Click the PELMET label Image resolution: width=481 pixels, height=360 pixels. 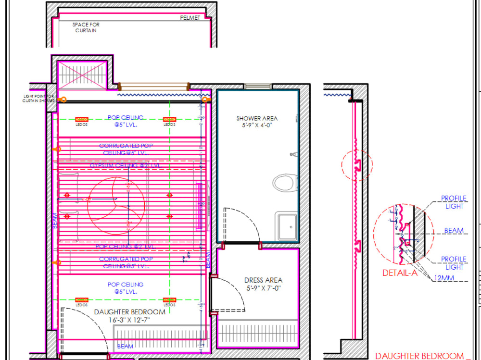pos(190,18)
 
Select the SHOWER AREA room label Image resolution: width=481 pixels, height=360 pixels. pos(257,118)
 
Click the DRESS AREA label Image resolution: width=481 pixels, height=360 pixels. pos(263,280)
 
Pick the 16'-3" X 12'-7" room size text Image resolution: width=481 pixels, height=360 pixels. pos(123,320)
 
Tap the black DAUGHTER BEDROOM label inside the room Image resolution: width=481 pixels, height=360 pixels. pos(129,312)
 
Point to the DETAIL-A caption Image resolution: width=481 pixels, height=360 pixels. pos(400,273)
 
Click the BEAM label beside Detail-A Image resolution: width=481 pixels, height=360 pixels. pos(454,231)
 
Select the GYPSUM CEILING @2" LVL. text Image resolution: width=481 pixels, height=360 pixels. pos(125,165)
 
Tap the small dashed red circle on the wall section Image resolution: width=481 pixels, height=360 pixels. pos(356,165)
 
